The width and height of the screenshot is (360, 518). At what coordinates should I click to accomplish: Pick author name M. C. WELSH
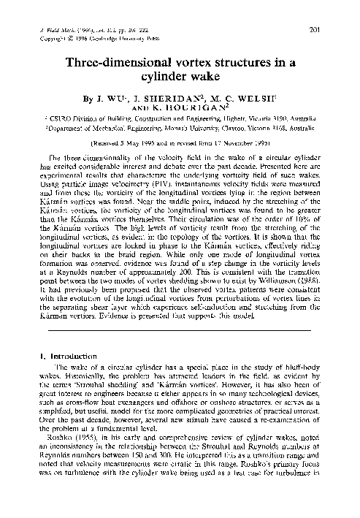[237, 96]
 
